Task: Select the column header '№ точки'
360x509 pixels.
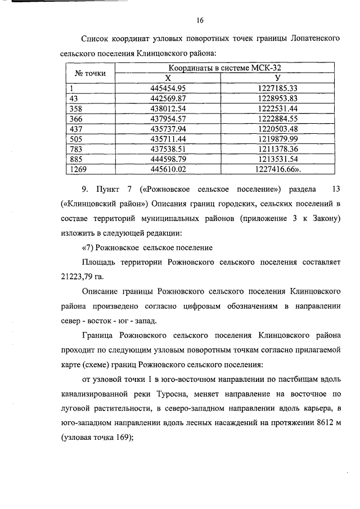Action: [x=87, y=73]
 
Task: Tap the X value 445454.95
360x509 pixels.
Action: [x=168, y=88]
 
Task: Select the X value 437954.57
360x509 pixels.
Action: [x=168, y=119]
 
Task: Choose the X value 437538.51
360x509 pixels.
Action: [x=168, y=149]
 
